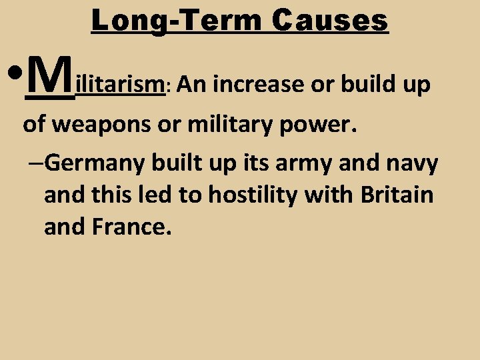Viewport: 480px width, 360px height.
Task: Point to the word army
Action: click(305, 163)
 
